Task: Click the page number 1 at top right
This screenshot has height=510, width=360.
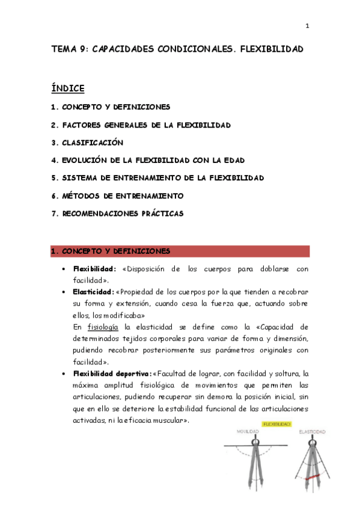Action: tap(307, 26)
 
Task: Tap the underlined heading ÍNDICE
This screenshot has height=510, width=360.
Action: tap(68, 88)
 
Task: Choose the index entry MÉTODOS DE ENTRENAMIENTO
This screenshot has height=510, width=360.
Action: tap(123, 196)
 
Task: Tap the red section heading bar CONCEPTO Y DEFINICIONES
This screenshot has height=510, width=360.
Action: tap(180, 251)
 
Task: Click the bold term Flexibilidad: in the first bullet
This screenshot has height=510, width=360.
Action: tap(95, 269)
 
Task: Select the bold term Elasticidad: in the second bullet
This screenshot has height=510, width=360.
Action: tap(93, 292)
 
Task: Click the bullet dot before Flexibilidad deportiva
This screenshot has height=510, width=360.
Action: tap(64, 373)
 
